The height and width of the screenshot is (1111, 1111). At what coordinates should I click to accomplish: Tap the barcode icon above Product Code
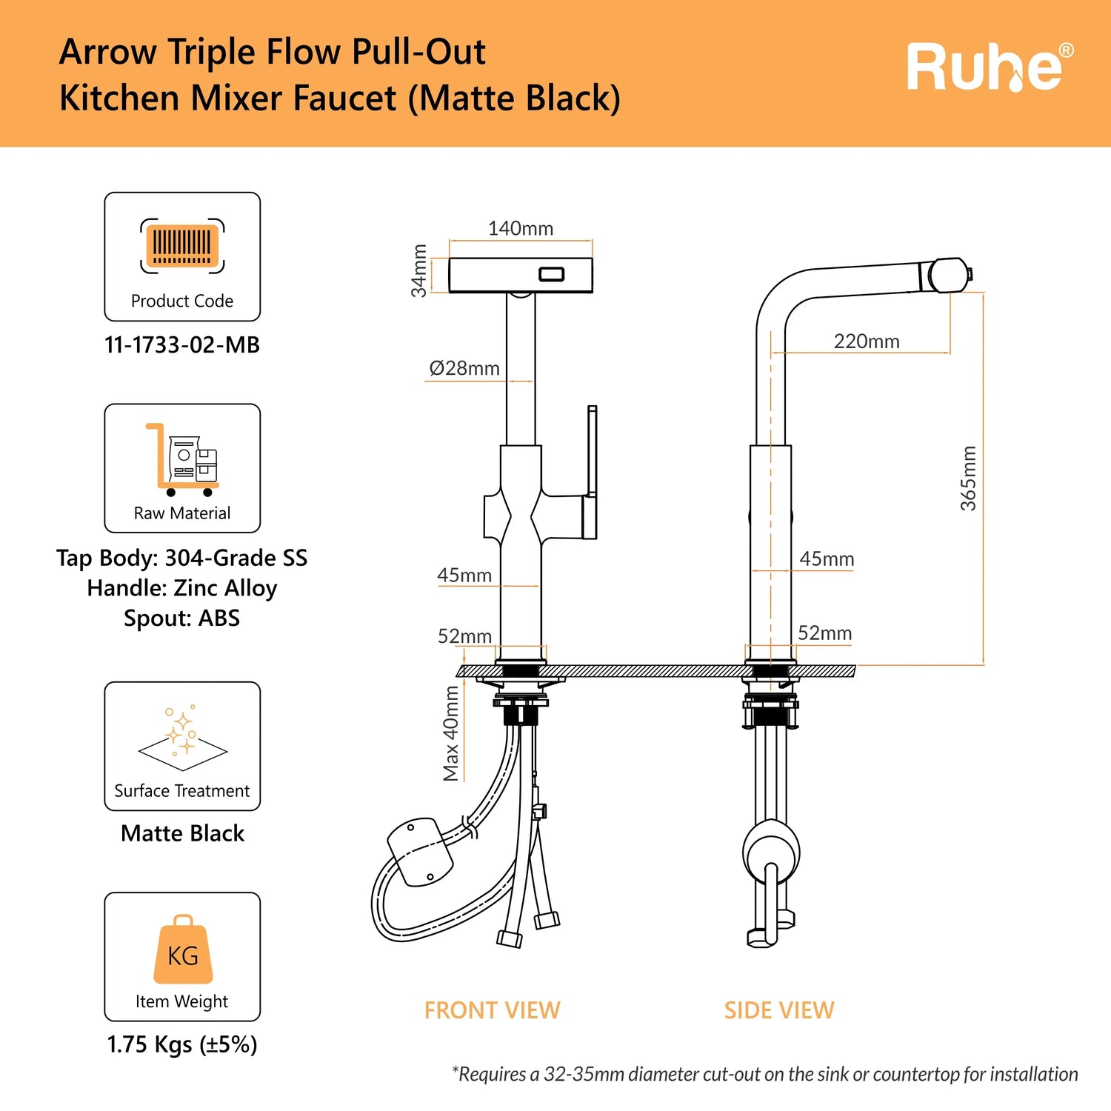[x=182, y=245]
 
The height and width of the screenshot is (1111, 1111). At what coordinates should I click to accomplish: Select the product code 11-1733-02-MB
[x=182, y=345]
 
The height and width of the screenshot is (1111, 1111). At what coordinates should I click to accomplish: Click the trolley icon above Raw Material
[x=182, y=459]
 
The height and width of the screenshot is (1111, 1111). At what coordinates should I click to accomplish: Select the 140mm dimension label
[x=520, y=229]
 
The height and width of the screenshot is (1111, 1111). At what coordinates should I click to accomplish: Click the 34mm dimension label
[x=420, y=271]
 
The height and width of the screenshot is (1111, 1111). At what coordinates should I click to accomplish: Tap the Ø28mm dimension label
[x=464, y=368]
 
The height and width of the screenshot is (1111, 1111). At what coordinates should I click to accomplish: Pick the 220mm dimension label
[x=867, y=341]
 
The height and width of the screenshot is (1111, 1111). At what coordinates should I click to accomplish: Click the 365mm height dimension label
[x=969, y=478]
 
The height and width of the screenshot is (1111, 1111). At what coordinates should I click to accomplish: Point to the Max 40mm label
[x=451, y=733]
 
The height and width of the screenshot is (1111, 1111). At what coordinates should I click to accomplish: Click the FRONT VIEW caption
[x=492, y=1010]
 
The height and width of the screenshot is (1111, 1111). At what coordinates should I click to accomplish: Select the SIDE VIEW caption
[x=779, y=1010]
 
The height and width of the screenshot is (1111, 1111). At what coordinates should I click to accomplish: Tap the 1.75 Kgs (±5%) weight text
[x=182, y=1045]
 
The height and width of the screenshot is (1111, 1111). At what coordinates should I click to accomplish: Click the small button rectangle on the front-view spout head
[x=551, y=275]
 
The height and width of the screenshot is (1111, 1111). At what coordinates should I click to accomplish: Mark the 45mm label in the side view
[x=827, y=559]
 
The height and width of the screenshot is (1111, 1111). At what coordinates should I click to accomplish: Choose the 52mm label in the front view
[x=464, y=636]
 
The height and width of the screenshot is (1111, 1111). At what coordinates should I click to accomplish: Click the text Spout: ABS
[x=182, y=618]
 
